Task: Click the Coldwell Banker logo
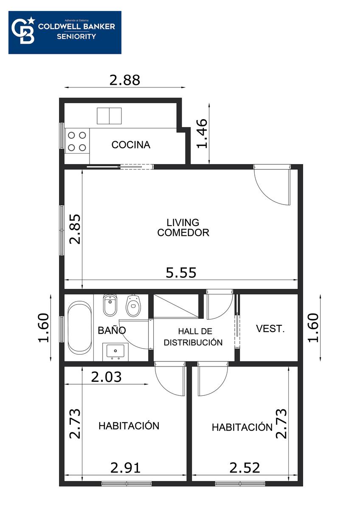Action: tap(65, 33)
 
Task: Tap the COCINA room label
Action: tap(131, 145)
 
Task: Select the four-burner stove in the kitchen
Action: tap(77, 141)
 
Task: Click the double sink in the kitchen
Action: tap(109, 116)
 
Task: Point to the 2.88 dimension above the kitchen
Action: tap(125, 80)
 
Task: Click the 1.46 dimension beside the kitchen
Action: tap(202, 134)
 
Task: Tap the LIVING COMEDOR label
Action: tap(183, 227)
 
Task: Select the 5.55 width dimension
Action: tap(181, 273)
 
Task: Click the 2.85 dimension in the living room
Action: tap(75, 229)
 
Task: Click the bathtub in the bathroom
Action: tap(79, 327)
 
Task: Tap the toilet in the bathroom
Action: tap(133, 306)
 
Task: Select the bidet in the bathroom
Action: tap(110, 305)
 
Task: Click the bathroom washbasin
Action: tap(115, 352)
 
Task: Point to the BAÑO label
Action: tap(112, 330)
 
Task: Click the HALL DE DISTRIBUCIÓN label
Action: tap(193, 337)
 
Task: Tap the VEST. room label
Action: tap(270, 329)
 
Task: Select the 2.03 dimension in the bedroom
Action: tap(106, 377)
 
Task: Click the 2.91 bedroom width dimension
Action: tap(125, 468)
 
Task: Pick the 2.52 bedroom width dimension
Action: tap(245, 468)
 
